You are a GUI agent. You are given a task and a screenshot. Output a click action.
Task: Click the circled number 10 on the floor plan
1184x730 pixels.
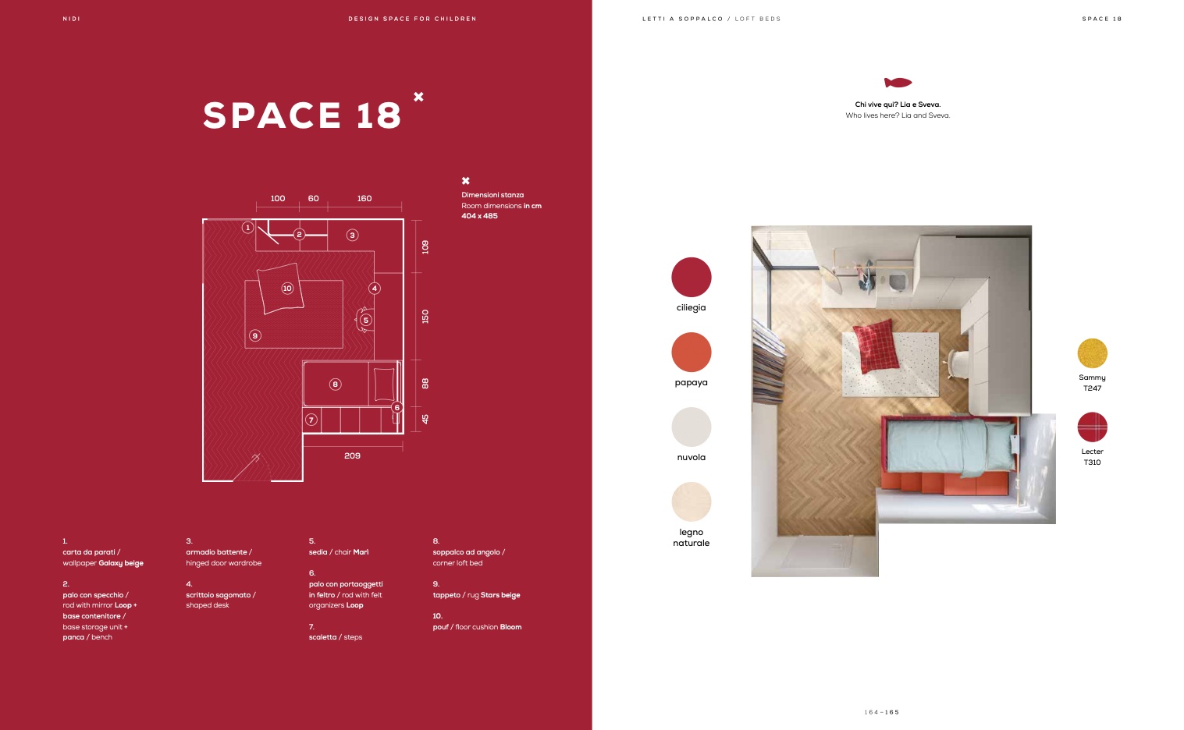[x=287, y=288]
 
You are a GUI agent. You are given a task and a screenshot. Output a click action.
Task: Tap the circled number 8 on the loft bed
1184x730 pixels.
[x=335, y=384]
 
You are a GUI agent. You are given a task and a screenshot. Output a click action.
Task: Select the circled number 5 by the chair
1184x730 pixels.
[x=366, y=320]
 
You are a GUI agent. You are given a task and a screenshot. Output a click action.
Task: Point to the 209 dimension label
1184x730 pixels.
[x=352, y=455]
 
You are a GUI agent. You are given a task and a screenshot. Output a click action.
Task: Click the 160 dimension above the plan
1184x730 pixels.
[x=364, y=198]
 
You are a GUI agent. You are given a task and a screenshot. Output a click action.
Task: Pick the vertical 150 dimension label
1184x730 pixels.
[x=425, y=317]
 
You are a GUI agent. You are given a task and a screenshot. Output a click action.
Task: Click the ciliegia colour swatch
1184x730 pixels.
[x=692, y=277]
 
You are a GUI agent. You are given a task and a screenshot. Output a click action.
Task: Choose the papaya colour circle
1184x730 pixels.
[x=692, y=352]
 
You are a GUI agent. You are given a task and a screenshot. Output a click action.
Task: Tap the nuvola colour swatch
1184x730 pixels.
[x=692, y=427]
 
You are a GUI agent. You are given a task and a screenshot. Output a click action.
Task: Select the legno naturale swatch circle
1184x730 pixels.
[x=692, y=501]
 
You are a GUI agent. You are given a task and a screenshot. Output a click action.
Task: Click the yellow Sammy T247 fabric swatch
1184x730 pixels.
[x=1092, y=353]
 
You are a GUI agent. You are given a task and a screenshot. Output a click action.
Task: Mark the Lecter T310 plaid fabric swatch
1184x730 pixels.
[x=1092, y=427]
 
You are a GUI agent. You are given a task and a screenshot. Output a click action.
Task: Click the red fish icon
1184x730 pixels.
[x=898, y=83]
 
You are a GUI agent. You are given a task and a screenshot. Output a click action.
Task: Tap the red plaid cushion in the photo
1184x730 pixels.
[x=876, y=346]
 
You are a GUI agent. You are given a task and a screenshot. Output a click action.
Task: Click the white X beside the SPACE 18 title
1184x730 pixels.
[x=418, y=97]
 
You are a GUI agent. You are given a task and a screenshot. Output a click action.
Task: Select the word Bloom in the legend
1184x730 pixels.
[x=510, y=627]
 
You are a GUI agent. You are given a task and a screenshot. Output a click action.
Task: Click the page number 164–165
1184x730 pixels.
[x=882, y=712]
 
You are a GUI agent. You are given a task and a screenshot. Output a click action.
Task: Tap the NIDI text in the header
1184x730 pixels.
[x=71, y=19]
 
